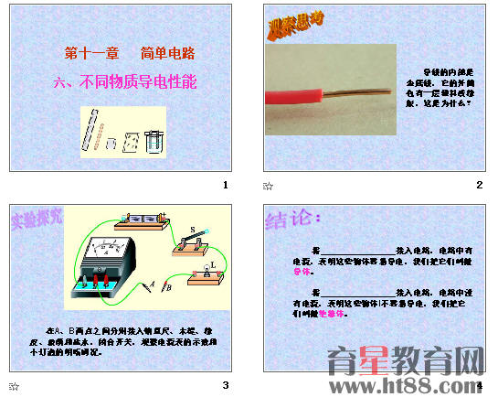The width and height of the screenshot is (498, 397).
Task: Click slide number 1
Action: point(225,185)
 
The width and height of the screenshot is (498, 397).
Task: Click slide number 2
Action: point(479,185)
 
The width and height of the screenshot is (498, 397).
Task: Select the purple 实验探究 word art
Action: point(37,219)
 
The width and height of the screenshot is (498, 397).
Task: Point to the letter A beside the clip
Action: point(151,286)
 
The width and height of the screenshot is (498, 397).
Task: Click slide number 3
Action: point(225,383)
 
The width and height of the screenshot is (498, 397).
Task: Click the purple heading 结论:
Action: point(293,219)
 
